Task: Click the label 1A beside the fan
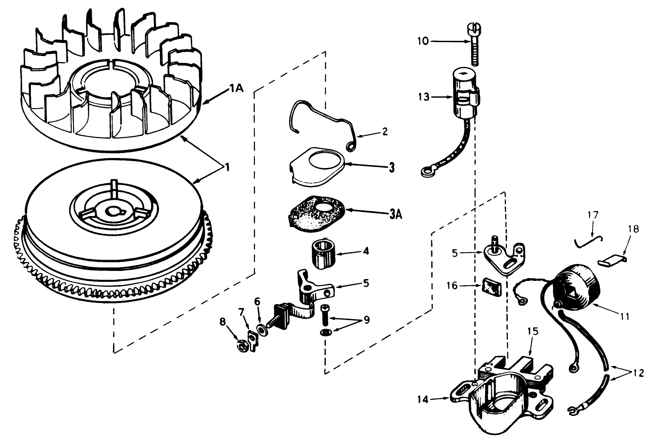[x=237, y=88]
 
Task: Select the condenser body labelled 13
[x=465, y=94]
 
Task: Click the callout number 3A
[x=395, y=214]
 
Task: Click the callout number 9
[x=366, y=320]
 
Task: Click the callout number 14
[x=423, y=399]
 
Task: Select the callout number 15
[x=533, y=331]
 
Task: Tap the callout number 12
[x=637, y=373]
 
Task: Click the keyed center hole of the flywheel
[x=115, y=211]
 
